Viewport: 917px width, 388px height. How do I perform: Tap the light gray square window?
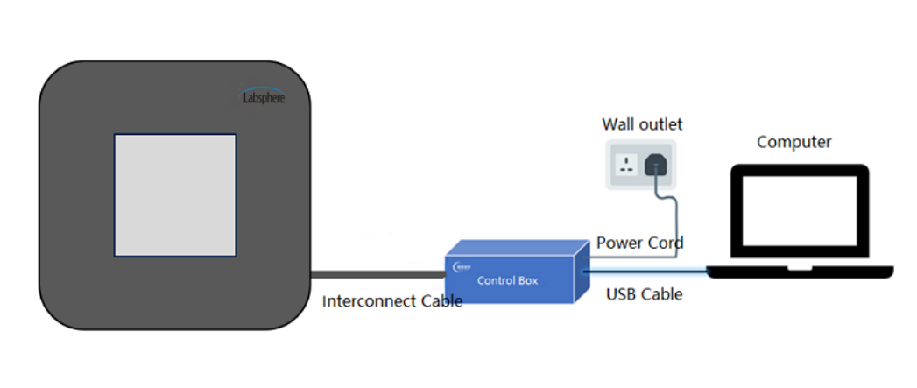[x=175, y=195]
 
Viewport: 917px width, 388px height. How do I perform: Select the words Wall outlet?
[x=641, y=124]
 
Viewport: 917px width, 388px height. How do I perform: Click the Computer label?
[x=794, y=142]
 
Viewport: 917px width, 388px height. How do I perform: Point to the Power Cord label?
[x=639, y=243]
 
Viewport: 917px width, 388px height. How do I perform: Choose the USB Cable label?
[x=644, y=294]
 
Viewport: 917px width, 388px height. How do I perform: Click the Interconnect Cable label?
[x=391, y=301]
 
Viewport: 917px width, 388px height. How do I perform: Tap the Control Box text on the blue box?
[x=507, y=280]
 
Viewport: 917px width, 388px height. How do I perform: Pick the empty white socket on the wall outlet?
[x=627, y=164]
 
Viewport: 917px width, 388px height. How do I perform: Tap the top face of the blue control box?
[x=517, y=249]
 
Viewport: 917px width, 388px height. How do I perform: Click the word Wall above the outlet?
[x=617, y=124]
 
